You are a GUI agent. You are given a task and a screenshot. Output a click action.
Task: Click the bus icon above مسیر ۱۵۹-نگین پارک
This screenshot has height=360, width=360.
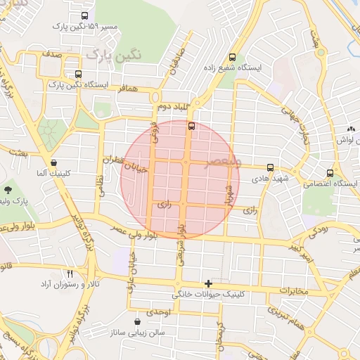(x=85, y=15)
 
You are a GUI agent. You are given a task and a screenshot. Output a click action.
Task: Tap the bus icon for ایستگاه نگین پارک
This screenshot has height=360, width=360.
(x=77, y=73)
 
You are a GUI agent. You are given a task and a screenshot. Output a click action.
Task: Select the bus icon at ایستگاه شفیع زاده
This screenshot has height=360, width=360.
(x=232, y=57)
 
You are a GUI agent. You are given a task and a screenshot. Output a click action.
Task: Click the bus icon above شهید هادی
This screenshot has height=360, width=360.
(x=271, y=168)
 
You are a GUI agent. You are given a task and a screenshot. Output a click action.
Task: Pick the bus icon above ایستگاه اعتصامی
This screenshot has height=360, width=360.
(x=330, y=173)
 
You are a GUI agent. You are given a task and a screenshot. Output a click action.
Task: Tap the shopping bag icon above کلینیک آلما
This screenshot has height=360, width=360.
(x=54, y=162)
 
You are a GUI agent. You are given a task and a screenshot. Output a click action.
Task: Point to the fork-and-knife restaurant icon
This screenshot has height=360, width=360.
(x=70, y=274)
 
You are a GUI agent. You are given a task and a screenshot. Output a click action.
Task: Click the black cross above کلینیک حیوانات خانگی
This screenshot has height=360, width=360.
(x=208, y=283)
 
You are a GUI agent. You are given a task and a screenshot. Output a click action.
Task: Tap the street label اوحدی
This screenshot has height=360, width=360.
(x=159, y=311)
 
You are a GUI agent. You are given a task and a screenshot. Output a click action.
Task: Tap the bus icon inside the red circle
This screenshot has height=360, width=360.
(x=191, y=127)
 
